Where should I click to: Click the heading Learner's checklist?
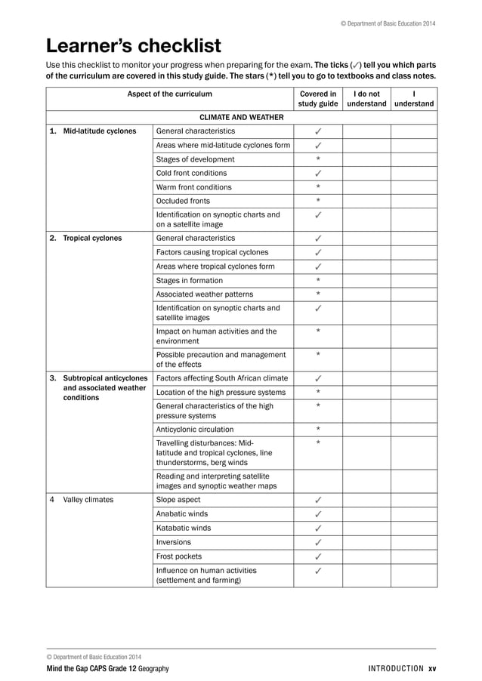tap(134, 46)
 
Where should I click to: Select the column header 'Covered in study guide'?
tap(317, 99)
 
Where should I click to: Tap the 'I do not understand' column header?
tap(366, 99)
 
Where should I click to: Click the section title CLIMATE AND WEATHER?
tap(241, 118)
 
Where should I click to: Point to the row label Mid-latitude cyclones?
tap(99, 131)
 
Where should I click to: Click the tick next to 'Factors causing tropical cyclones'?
tap(318, 252)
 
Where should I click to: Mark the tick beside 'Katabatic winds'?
tap(318, 528)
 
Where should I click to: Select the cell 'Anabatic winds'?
tap(182, 514)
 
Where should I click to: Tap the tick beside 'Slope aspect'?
tap(318, 500)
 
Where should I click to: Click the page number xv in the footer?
tap(431, 669)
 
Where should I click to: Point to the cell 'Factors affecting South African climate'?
tap(221, 378)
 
